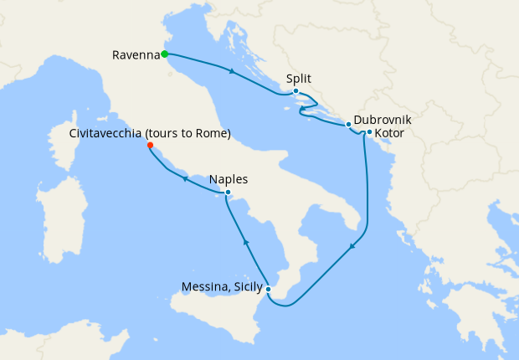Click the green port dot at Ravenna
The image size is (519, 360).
164,54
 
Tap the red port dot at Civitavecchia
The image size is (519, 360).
150,146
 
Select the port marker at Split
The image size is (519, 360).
295,91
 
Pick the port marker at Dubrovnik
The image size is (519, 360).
349,125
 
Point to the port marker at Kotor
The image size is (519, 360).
369,131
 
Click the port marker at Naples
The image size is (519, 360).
228,193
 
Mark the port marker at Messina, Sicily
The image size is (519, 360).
268,290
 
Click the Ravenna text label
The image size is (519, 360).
135,55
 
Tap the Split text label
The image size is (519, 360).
299,79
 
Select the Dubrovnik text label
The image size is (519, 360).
383,120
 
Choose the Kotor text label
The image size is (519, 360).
390,132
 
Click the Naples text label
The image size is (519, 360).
229,179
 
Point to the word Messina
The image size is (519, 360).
203,287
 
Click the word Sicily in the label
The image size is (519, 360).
245,287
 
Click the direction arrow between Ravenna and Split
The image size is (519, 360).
232,71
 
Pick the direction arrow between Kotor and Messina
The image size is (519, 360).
352,244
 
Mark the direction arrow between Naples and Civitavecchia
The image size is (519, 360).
184,178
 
